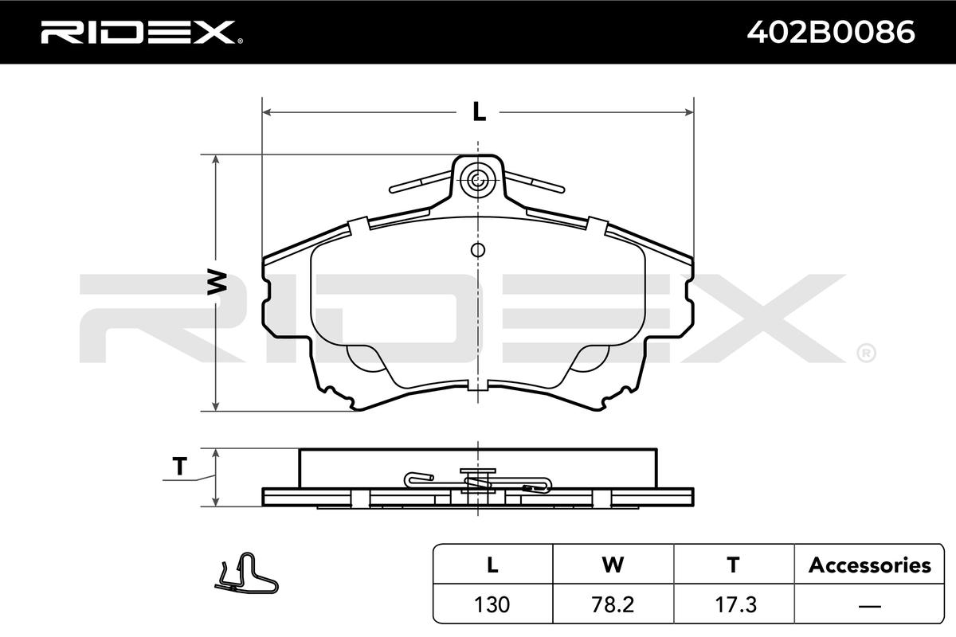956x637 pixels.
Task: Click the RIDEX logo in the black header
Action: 142,32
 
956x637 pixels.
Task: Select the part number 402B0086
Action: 830,32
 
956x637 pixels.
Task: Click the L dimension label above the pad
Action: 479,111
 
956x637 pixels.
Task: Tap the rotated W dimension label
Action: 217,281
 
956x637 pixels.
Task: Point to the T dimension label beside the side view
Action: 180,467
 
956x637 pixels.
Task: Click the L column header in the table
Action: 492,565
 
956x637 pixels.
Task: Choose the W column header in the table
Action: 613,565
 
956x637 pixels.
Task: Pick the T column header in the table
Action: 733,565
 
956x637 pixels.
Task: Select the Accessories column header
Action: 869,565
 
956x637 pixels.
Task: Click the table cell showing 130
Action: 492,604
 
